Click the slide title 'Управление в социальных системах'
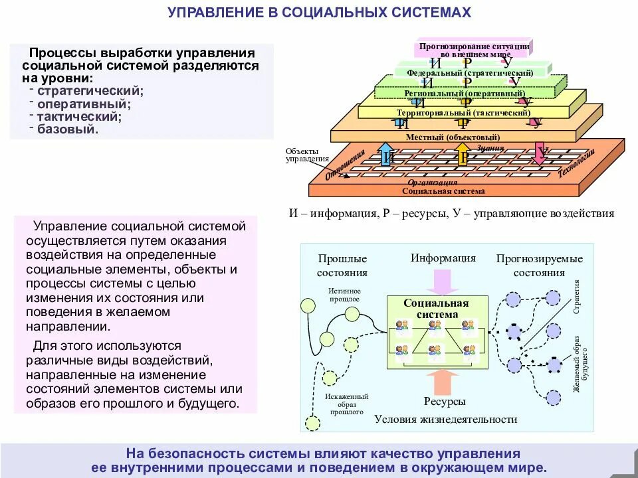[319, 13]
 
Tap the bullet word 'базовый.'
[68, 129]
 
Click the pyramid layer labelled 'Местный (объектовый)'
[453, 137]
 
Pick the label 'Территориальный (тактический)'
[463, 113]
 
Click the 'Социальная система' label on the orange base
[443, 191]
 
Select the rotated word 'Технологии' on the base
[576, 163]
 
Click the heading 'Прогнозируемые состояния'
[539, 266]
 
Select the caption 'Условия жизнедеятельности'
[445, 420]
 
